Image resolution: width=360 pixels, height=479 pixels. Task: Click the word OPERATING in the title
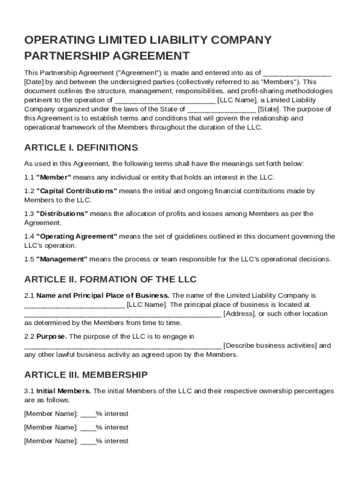[55, 40]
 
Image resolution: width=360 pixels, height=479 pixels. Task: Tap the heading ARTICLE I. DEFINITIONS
[81, 148]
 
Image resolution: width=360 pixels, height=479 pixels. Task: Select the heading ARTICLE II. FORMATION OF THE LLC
[110, 280]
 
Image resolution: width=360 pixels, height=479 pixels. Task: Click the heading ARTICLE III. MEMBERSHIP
[86, 375]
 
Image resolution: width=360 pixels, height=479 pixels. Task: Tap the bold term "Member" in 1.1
[53, 177]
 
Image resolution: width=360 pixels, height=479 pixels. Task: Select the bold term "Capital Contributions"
[77, 191]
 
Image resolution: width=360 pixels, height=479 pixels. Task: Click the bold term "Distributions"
[62, 214]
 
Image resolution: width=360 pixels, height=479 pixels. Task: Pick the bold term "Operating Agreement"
[77, 237]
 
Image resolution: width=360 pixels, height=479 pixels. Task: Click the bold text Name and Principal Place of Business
[103, 296]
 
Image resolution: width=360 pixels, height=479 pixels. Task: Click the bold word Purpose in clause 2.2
[51, 336]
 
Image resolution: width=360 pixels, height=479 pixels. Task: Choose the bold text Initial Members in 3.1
[64, 391]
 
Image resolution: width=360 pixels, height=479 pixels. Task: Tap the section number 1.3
[29, 214]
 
